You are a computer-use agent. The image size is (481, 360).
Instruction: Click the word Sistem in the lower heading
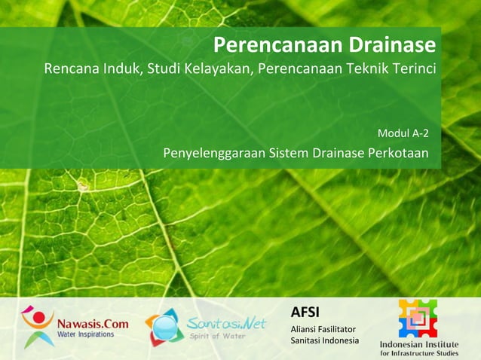(x=288, y=154)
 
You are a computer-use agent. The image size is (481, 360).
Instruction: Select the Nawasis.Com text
(x=93, y=324)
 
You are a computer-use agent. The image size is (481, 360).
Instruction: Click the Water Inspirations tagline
(x=85, y=334)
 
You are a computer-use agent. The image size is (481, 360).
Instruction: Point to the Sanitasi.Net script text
(x=226, y=323)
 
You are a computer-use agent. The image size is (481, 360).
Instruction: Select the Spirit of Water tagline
(x=218, y=336)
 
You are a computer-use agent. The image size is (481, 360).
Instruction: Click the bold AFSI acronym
(x=305, y=312)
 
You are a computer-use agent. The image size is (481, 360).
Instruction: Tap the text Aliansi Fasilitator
(x=323, y=329)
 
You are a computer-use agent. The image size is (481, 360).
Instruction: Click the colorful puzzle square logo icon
(x=418, y=318)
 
